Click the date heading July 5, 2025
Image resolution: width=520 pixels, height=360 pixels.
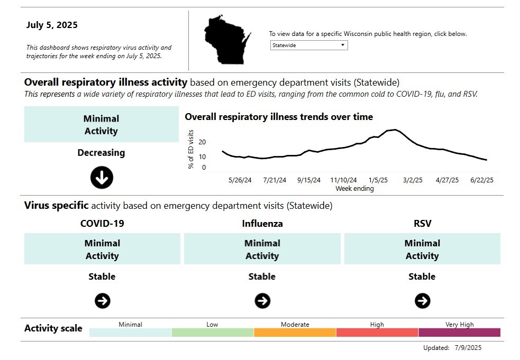(52, 25)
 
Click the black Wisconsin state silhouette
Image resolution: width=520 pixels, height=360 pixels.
(225, 40)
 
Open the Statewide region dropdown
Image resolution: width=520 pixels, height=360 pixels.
(308, 45)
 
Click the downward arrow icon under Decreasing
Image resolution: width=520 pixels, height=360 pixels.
(102, 178)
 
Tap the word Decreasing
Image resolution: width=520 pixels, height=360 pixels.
(101, 153)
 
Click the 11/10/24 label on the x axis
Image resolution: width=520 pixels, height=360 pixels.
(344, 180)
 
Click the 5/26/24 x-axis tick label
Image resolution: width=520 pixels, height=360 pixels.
(240, 180)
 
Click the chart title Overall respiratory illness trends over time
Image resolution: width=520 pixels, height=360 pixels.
(279, 117)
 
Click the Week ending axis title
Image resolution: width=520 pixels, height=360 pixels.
(354, 189)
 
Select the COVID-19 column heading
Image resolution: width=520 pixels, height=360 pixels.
(102, 224)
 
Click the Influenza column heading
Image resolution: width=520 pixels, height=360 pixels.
(262, 224)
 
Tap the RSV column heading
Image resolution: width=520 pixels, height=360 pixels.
(422, 224)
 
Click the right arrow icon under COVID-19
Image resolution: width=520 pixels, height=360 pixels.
(103, 301)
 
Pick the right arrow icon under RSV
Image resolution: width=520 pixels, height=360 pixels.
(422, 301)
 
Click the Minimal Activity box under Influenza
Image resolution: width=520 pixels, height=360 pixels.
(262, 250)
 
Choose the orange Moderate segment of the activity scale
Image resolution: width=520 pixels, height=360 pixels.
(295, 333)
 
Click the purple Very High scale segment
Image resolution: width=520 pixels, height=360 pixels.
(459, 333)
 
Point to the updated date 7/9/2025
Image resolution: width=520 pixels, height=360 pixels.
(468, 348)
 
